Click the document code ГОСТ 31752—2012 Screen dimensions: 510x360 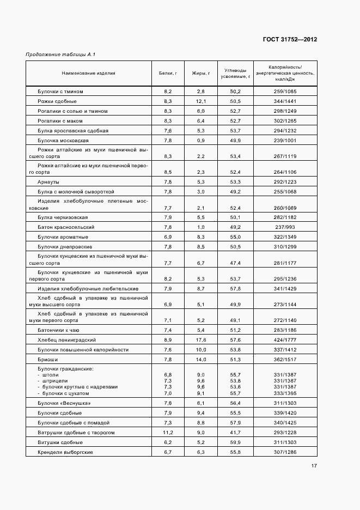click(x=290, y=39)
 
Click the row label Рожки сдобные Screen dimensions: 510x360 click(x=57, y=101)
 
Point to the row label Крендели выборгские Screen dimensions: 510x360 click(x=64, y=452)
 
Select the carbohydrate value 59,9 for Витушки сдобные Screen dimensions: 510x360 click(x=235, y=442)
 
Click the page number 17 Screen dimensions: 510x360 click(x=314, y=465)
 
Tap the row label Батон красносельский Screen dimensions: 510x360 click(x=66, y=227)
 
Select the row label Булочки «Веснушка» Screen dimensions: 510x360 click(x=64, y=403)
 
